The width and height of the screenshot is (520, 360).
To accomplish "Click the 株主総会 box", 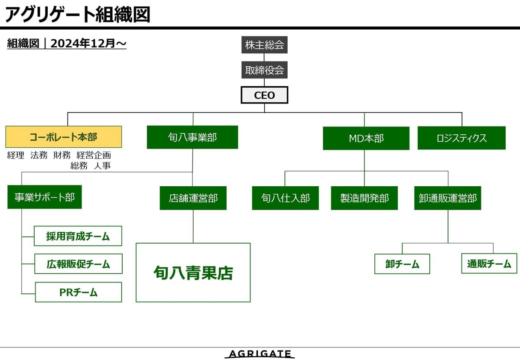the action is coord(264,45).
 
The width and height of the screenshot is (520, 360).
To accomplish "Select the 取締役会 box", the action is coord(264,70).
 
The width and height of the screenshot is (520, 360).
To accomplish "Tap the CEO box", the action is coord(264,95).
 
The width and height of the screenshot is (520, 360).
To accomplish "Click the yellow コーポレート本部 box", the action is coord(64,137).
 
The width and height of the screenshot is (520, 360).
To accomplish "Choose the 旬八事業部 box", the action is coord(192,137).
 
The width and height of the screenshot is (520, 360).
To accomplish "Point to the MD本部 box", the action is coord(366,138).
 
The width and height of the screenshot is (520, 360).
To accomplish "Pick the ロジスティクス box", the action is coord(461,138).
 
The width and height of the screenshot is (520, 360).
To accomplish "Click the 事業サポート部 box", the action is coord(45,197).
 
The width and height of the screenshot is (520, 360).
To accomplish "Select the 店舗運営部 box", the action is coord(193,198).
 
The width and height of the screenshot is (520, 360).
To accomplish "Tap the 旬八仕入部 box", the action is coord(285,198).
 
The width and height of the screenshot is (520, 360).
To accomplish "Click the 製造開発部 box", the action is coord(364,198).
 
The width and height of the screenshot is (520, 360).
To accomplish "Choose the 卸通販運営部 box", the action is coord(448,198).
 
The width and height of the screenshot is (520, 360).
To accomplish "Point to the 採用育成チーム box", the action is coord(78,236).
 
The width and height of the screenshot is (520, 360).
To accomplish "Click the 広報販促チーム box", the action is coord(78,264).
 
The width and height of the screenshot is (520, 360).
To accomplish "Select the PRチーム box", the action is coord(78,292).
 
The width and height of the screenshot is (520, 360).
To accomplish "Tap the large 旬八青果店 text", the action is coord(193,273).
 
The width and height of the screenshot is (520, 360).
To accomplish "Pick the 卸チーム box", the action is coord(402,264).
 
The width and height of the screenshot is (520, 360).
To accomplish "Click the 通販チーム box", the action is coord(489,263).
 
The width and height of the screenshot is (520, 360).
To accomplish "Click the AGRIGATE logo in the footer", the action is coord(260,354).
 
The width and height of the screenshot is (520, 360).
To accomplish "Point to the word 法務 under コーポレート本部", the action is coord(39,155).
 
